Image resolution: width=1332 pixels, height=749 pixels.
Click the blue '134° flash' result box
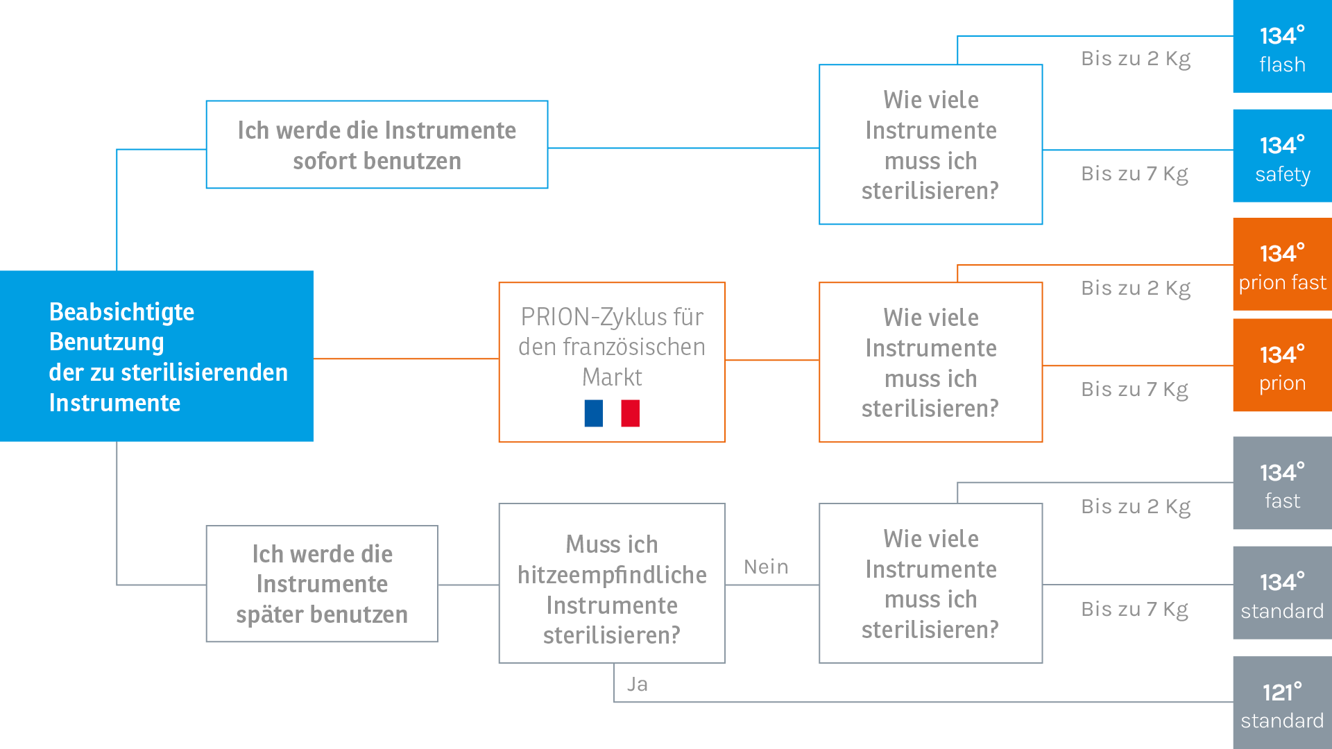tap(1282, 46)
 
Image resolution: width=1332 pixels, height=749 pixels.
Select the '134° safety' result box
tap(1282, 156)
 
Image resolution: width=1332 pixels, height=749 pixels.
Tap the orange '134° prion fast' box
tap(1282, 264)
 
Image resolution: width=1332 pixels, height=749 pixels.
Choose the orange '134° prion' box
tap(1282, 365)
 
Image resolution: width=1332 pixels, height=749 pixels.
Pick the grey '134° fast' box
tap(1282, 483)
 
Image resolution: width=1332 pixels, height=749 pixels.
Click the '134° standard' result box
tap(1282, 593)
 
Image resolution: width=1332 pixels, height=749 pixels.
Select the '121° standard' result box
tap(1282, 703)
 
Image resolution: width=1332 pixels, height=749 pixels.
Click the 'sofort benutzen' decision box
tap(377, 145)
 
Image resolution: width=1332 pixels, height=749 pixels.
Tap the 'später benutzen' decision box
tap(322, 584)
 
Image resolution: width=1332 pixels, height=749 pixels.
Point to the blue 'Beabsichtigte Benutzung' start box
tap(157, 356)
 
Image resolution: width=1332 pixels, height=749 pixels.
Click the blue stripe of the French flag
tap(594, 413)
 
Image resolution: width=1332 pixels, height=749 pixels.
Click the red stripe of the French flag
tap(631, 413)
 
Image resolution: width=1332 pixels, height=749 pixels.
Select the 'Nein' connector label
tap(766, 567)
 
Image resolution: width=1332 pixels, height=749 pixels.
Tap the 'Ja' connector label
tap(638, 685)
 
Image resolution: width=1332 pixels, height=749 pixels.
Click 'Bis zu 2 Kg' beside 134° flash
tap(1136, 59)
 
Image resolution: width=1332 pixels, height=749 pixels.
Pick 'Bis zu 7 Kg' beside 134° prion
tap(1135, 390)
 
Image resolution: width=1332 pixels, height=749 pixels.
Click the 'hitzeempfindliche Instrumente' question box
tap(612, 583)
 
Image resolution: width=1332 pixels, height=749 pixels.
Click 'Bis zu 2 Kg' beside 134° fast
tap(1136, 507)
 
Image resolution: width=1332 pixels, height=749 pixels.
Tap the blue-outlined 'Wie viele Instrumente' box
tap(931, 144)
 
